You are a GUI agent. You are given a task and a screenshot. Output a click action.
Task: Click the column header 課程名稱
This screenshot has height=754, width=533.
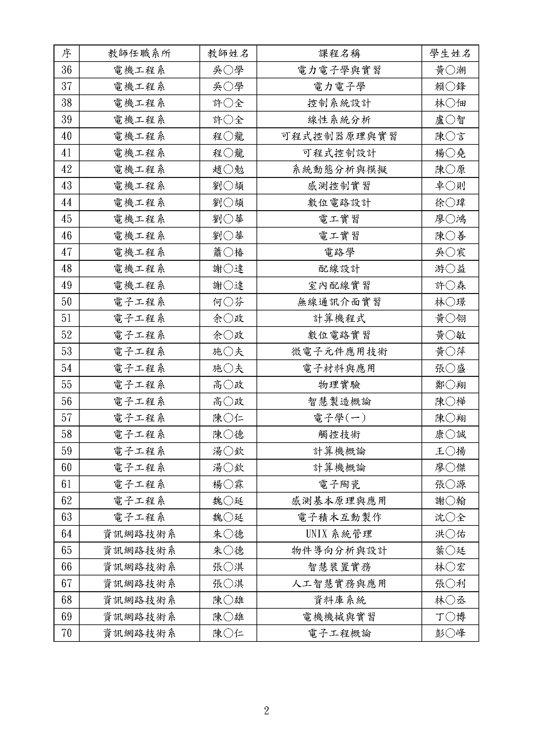coord(339,54)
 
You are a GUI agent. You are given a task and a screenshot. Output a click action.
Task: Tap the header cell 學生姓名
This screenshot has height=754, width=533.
coord(450,54)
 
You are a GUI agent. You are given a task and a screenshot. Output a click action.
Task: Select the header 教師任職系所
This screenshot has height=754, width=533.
coord(139,54)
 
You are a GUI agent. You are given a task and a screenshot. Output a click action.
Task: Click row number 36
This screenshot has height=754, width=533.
coord(66,70)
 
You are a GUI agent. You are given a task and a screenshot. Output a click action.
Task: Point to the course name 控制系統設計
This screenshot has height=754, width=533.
coord(339,103)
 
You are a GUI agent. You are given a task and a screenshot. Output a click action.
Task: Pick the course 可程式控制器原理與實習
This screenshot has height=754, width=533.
coord(339,136)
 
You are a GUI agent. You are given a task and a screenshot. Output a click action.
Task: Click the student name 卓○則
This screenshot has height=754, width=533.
coord(450,186)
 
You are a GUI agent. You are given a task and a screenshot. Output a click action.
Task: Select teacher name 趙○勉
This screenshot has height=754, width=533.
coord(228,170)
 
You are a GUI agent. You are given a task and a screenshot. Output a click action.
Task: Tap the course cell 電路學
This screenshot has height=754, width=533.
coord(339,252)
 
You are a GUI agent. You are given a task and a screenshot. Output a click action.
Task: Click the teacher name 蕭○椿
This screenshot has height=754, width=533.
coord(228,252)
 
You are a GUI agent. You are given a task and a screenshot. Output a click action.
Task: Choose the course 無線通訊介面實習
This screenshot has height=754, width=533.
coord(339,302)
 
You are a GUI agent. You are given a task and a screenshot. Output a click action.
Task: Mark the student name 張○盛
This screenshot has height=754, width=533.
coord(450,368)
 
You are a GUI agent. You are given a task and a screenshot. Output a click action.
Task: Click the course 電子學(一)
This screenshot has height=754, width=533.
coord(339,418)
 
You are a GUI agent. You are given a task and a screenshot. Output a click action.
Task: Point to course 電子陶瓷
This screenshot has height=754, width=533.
coord(339,484)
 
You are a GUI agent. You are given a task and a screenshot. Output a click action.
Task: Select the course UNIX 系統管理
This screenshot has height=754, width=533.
coord(339,534)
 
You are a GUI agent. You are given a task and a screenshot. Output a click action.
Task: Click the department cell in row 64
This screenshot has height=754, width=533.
coord(139,534)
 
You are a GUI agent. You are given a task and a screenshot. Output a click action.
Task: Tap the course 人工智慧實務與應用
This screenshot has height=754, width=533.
coord(339,583)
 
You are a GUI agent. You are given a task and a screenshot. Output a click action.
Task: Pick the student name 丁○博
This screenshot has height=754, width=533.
coord(450,616)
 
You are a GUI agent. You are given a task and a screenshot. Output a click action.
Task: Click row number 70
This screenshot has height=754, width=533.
coord(66,633)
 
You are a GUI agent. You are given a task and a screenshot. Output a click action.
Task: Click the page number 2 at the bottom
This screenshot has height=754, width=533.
coord(266,711)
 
